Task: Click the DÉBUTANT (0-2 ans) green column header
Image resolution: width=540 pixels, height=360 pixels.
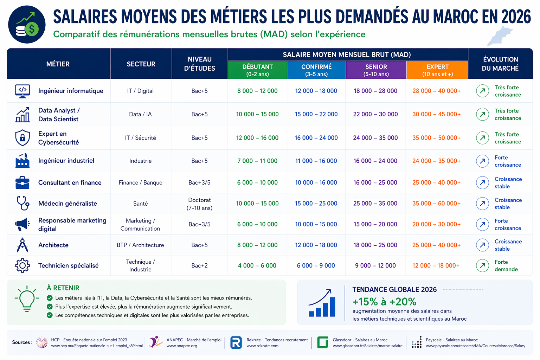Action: pos(257,70)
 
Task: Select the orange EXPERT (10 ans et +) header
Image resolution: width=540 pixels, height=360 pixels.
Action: pos(437,70)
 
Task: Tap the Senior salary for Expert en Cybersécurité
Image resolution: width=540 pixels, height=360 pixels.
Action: pos(375,138)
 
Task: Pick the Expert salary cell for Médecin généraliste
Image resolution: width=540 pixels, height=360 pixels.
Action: pos(436,203)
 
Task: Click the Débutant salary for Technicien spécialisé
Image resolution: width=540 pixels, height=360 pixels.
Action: pos(257,265)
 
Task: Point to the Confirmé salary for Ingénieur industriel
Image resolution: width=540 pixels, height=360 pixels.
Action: pos(316,161)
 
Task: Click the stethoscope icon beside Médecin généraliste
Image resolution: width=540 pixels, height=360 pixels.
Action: pos(23,203)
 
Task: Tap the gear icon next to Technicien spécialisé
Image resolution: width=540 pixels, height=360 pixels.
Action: pos(22,265)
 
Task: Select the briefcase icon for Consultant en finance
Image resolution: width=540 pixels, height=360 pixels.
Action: pos(22,182)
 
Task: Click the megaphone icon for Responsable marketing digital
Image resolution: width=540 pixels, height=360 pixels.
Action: pos(22,224)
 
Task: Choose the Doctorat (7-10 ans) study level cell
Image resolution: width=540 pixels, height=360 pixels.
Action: pos(199,204)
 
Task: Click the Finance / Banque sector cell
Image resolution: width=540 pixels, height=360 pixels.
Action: pos(140,182)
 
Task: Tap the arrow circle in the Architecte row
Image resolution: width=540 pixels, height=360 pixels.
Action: pos(482,245)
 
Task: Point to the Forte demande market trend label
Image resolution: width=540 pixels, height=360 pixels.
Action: pos(506,265)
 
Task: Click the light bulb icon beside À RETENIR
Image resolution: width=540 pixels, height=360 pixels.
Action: pos(27,298)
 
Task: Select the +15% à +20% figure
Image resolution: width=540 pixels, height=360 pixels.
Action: pos(384,302)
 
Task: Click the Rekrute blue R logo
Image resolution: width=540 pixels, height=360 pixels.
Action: pos(236,342)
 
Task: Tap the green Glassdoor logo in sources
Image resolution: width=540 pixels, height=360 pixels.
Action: pos(322,342)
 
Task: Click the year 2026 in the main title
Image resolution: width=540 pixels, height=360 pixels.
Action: pos(515,17)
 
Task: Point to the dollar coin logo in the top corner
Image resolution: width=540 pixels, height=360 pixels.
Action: pos(27,25)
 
